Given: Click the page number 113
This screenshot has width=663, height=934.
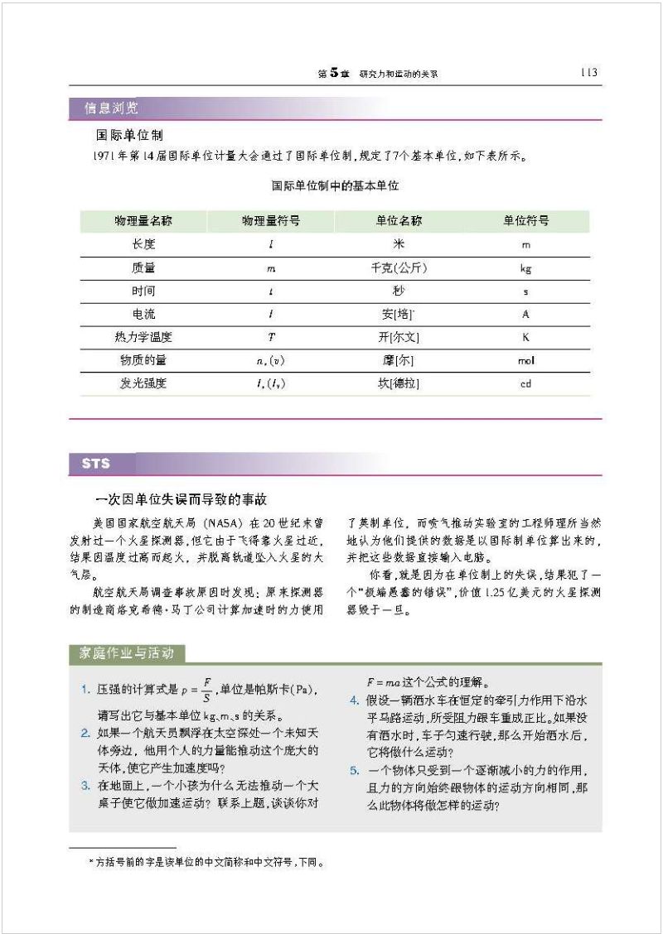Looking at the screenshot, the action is coord(588,72).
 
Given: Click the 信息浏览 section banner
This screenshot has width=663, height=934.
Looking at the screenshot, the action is coord(111,108).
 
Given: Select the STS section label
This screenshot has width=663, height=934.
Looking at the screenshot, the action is coord(96,464).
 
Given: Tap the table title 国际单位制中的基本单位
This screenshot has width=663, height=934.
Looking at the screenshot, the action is coord(335,186).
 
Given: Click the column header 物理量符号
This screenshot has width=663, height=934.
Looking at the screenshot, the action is coord(270,221).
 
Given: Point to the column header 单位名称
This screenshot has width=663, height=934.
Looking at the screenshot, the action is coord(398,221).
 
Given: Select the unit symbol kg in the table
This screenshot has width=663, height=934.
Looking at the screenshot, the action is coord(525,268).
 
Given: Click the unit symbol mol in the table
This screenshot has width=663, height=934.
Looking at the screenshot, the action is coord(525,361).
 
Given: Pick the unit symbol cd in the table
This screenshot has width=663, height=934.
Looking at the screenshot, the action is coord(525,384).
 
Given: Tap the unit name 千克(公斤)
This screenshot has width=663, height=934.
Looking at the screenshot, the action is coord(399,268).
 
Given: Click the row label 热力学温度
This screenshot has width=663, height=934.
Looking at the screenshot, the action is coord(143,337).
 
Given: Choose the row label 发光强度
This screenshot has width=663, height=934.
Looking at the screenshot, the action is coord(143,383).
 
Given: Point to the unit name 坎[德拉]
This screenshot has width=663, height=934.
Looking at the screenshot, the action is coord(398,383).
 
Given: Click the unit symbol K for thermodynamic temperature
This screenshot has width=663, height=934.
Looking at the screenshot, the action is coord(525,338).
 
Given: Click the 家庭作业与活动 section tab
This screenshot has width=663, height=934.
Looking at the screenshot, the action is coord(127,653).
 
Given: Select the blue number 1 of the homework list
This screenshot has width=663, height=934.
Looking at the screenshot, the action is coord(85,690).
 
